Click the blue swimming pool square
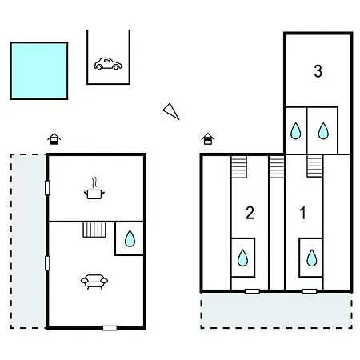tap(39, 70)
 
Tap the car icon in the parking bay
tap(108, 64)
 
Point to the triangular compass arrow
tap(171, 111)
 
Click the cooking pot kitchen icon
tap(94, 189)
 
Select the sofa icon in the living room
tap(94, 282)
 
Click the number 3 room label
tap(318, 71)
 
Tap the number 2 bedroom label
tap(250, 213)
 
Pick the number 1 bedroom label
tap(302, 213)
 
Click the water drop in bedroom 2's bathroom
tap(242, 258)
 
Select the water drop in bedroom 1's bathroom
tap(312, 258)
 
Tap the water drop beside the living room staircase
tap(130, 238)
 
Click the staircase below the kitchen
tap(94, 230)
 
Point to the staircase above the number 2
tap(238, 166)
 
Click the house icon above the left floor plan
tap(54, 138)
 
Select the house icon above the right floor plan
tap(208, 138)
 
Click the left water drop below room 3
tap(295, 130)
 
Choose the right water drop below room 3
tap(323, 130)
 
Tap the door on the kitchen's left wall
tap(47, 188)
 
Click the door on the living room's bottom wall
tap(110, 328)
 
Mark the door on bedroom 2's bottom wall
tap(252, 291)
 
